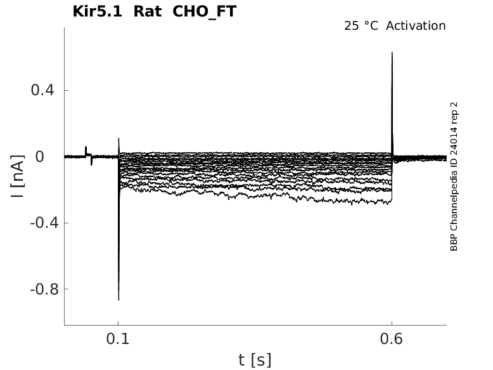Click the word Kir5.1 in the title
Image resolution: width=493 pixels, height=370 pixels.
coord(97,11)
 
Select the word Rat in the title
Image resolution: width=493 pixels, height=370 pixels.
coord(148,11)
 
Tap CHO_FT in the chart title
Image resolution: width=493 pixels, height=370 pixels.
coord(205,12)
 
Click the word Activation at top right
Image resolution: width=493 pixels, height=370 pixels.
coord(416,26)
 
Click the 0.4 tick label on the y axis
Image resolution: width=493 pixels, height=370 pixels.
coord(42,90)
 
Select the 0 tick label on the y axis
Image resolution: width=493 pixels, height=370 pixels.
coord(40,157)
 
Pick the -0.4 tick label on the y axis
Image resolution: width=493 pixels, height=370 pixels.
coord(44,223)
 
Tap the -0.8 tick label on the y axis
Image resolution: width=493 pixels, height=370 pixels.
coord(44,289)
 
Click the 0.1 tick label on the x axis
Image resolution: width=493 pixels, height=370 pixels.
coord(118,339)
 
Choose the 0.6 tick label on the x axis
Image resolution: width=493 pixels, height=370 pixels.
coord(392,339)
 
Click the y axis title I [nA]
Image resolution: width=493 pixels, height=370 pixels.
coord(17,176)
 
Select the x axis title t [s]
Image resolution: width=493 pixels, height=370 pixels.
coord(255,360)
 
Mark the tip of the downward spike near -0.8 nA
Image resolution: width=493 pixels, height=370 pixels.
coord(118,300)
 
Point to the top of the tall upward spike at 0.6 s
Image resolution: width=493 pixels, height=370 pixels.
coord(392,52)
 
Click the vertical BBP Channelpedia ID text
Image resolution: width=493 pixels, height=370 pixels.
coord(454,176)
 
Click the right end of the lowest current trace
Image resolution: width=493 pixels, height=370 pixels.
coord(392,200)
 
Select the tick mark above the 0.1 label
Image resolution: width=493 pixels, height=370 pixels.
coord(118,323)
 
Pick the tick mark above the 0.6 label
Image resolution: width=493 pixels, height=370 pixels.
coord(392,323)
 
